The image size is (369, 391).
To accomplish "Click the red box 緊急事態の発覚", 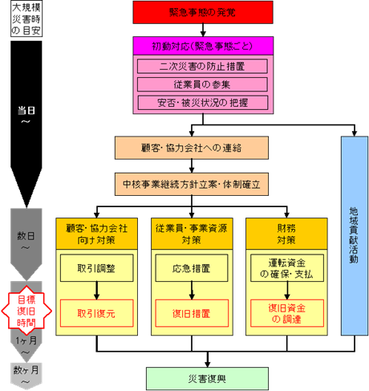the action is pos(203,12).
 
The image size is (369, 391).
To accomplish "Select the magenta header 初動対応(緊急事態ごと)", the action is pos(203,46).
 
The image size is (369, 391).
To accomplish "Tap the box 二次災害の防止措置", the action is pos(202,66).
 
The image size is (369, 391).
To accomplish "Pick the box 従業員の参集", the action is pos(202,84).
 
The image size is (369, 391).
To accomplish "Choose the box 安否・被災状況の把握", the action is pos(203,103).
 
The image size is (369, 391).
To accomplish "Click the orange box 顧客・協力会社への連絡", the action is pos(192,148).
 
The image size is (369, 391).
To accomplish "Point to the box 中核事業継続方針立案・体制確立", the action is pos(192,184).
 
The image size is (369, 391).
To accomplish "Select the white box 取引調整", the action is pos(96,268).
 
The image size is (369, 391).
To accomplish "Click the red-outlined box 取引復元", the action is pos(96,313).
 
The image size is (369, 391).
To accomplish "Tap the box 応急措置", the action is pos(192,268).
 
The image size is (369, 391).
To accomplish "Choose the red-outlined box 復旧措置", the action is pos(192,313).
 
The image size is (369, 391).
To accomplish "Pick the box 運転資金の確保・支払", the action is pos(287,268).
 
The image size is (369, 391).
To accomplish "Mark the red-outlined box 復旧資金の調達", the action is pos(287,313).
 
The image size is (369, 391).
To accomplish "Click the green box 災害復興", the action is pos(207,379).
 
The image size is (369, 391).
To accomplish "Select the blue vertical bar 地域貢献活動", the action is pos(355,236).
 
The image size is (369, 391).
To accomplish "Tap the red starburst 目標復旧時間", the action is pos(26,311).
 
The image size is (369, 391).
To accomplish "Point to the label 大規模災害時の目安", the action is pos(26,18).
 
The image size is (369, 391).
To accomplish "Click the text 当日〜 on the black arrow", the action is pos(26,116).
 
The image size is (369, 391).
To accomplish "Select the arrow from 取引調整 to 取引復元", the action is pos(96,291).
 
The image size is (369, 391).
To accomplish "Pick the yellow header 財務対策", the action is pos(286,234).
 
